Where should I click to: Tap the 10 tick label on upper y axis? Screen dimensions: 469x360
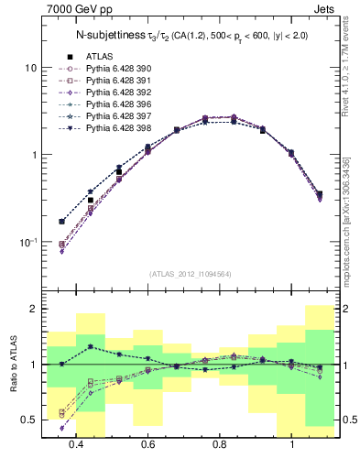point(30,68)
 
